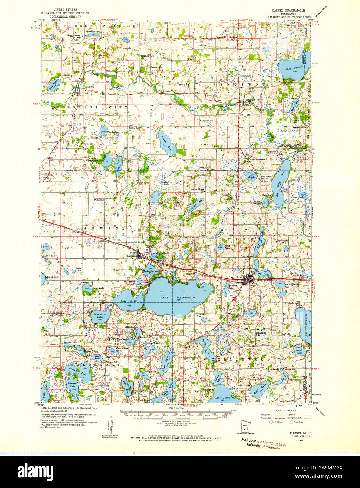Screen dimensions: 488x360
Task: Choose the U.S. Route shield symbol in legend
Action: click(x=271, y=422)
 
